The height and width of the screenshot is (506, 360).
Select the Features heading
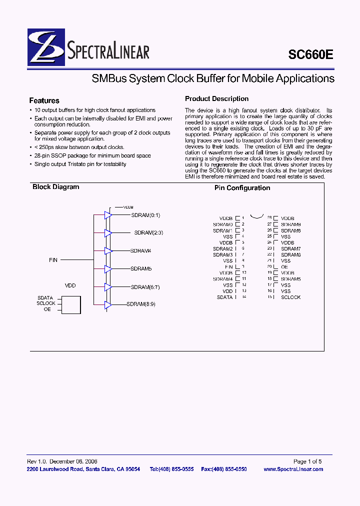pos(44,100)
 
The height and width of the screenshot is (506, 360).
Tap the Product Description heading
pos(216,99)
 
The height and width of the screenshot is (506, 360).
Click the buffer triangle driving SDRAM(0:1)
pos(108,215)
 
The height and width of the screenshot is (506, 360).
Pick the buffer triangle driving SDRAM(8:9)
pos(108,304)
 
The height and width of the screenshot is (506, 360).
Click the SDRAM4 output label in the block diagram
pos(140,250)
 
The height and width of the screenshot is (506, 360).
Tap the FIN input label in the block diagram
pos(53,260)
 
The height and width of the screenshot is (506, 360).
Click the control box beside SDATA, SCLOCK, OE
pos(70,304)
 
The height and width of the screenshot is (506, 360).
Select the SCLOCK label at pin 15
pos(290,297)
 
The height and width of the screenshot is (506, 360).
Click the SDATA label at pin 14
pos(224,297)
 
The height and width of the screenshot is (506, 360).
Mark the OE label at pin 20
pos(284,267)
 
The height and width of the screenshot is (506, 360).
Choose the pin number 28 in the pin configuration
pos(269,218)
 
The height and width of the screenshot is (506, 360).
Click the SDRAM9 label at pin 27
pos(290,224)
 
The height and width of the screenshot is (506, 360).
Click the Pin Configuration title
pos(242,188)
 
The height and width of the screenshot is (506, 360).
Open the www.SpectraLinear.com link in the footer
pos(293,469)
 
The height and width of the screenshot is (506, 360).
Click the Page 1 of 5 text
pos(307,461)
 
